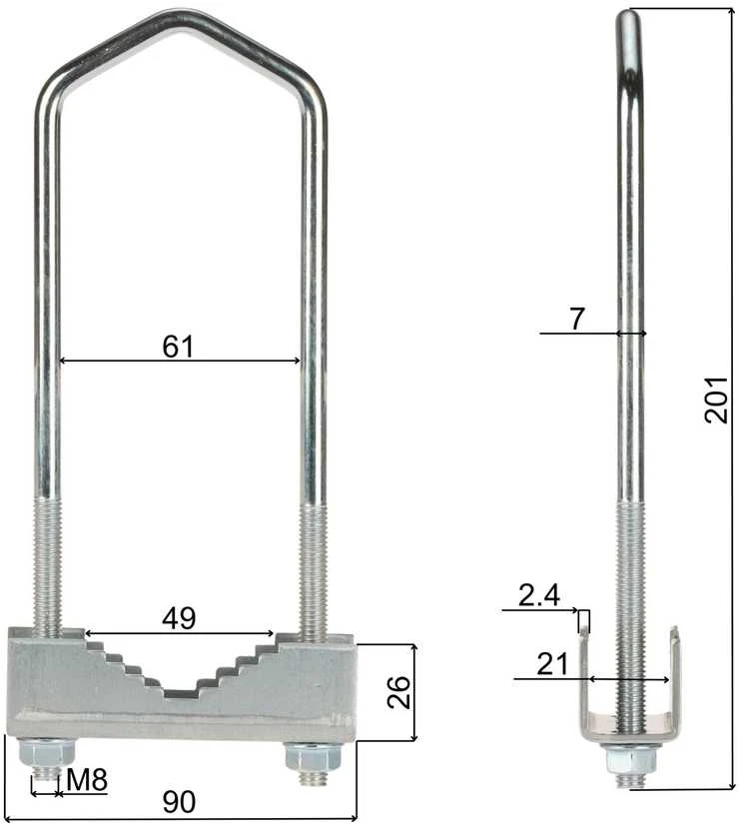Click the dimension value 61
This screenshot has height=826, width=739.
(178, 347)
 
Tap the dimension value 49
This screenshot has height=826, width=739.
(179, 618)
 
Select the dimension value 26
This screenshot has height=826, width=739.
(398, 692)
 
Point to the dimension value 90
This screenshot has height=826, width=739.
(179, 802)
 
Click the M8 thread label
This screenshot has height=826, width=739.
(87, 780)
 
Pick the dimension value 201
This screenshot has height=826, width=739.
(716, 400)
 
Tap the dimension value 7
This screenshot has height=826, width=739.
(577, 319)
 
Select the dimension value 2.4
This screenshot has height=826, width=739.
(539, 595)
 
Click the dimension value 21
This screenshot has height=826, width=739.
(552, 664)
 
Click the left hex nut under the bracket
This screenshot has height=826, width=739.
(47, 753)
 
